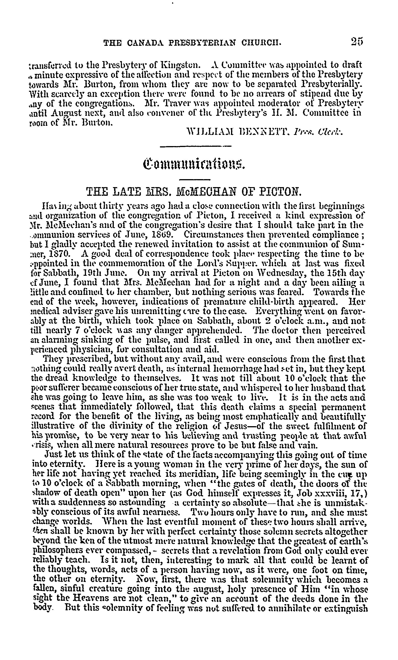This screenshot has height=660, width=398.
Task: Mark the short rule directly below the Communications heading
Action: click(x=195, y=179)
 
